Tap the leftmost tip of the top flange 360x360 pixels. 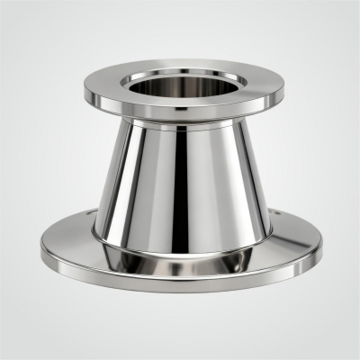pyautogui.click(x=85, y=92)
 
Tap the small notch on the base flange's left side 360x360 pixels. pyautogui.click(x=94, y=214)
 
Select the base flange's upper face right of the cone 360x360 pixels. pyautogui.click(x=292, y=241)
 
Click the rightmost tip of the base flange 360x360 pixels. pyautogui.click(x=321, y=247)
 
